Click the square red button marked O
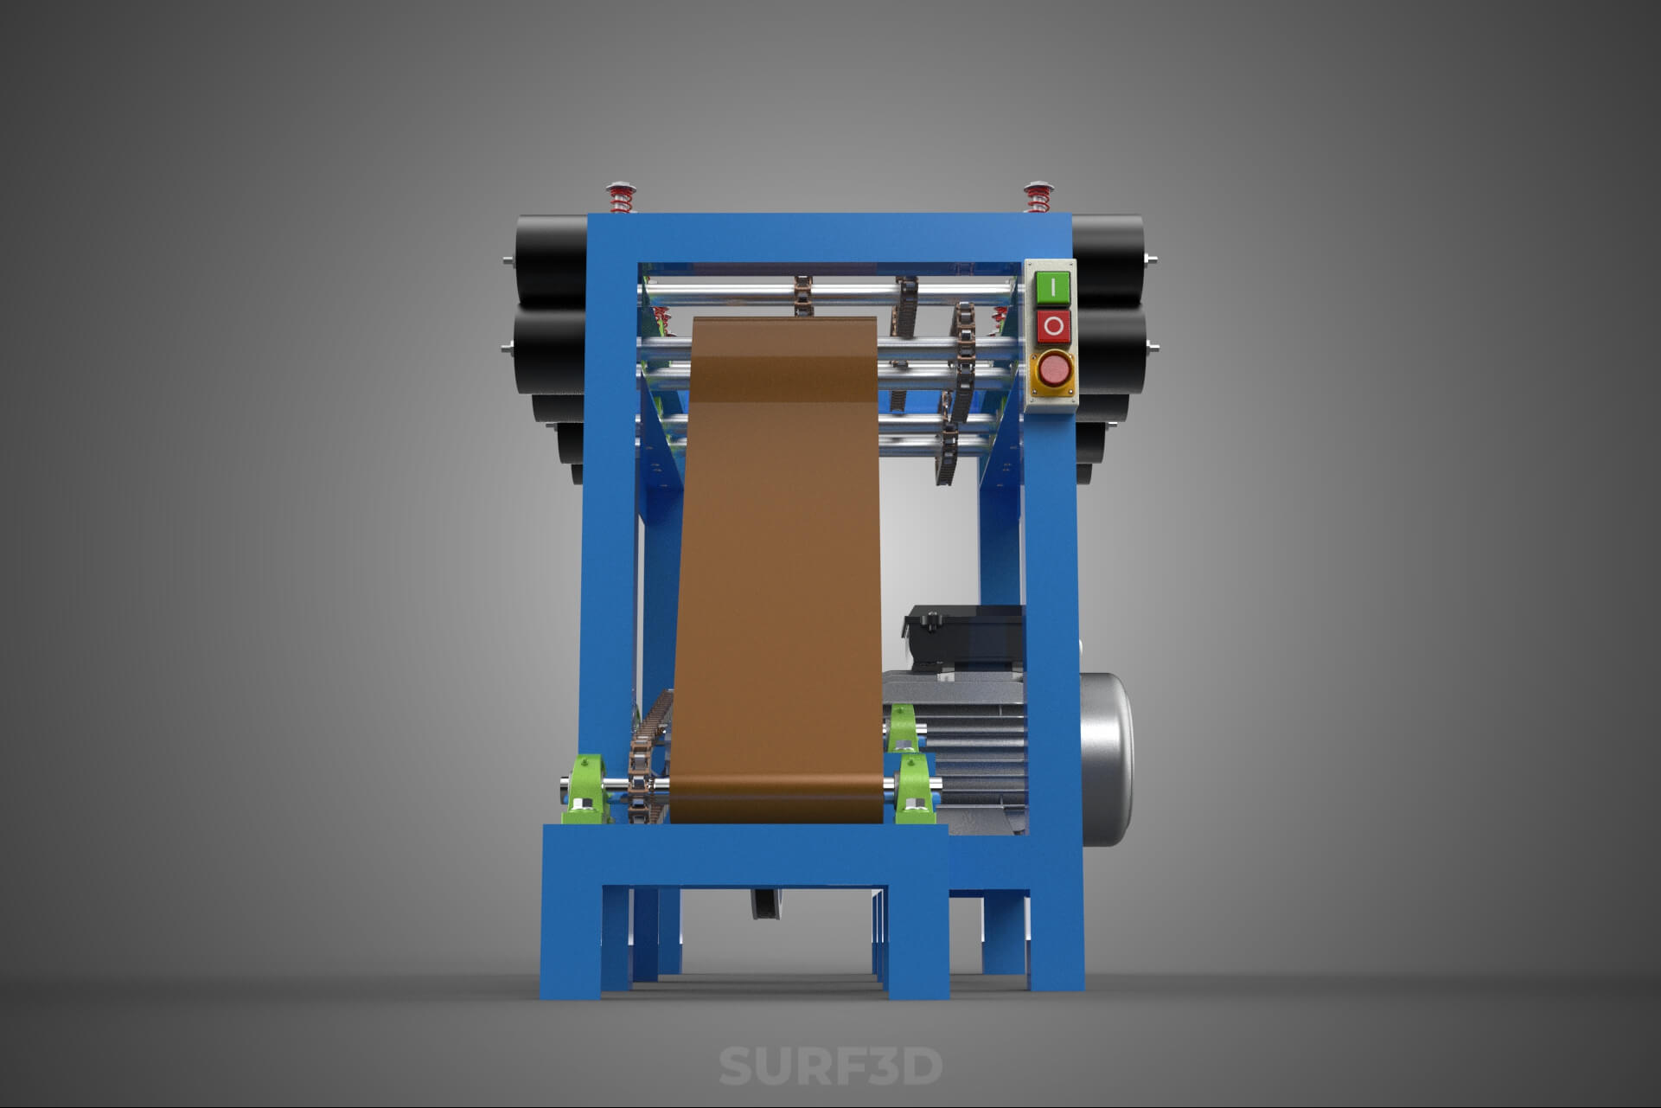(x=1053, y=326)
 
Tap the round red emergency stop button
(x=1053, y=370)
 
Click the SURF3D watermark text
(x=830, y=1066)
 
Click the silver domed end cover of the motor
(x=1107, y=759)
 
